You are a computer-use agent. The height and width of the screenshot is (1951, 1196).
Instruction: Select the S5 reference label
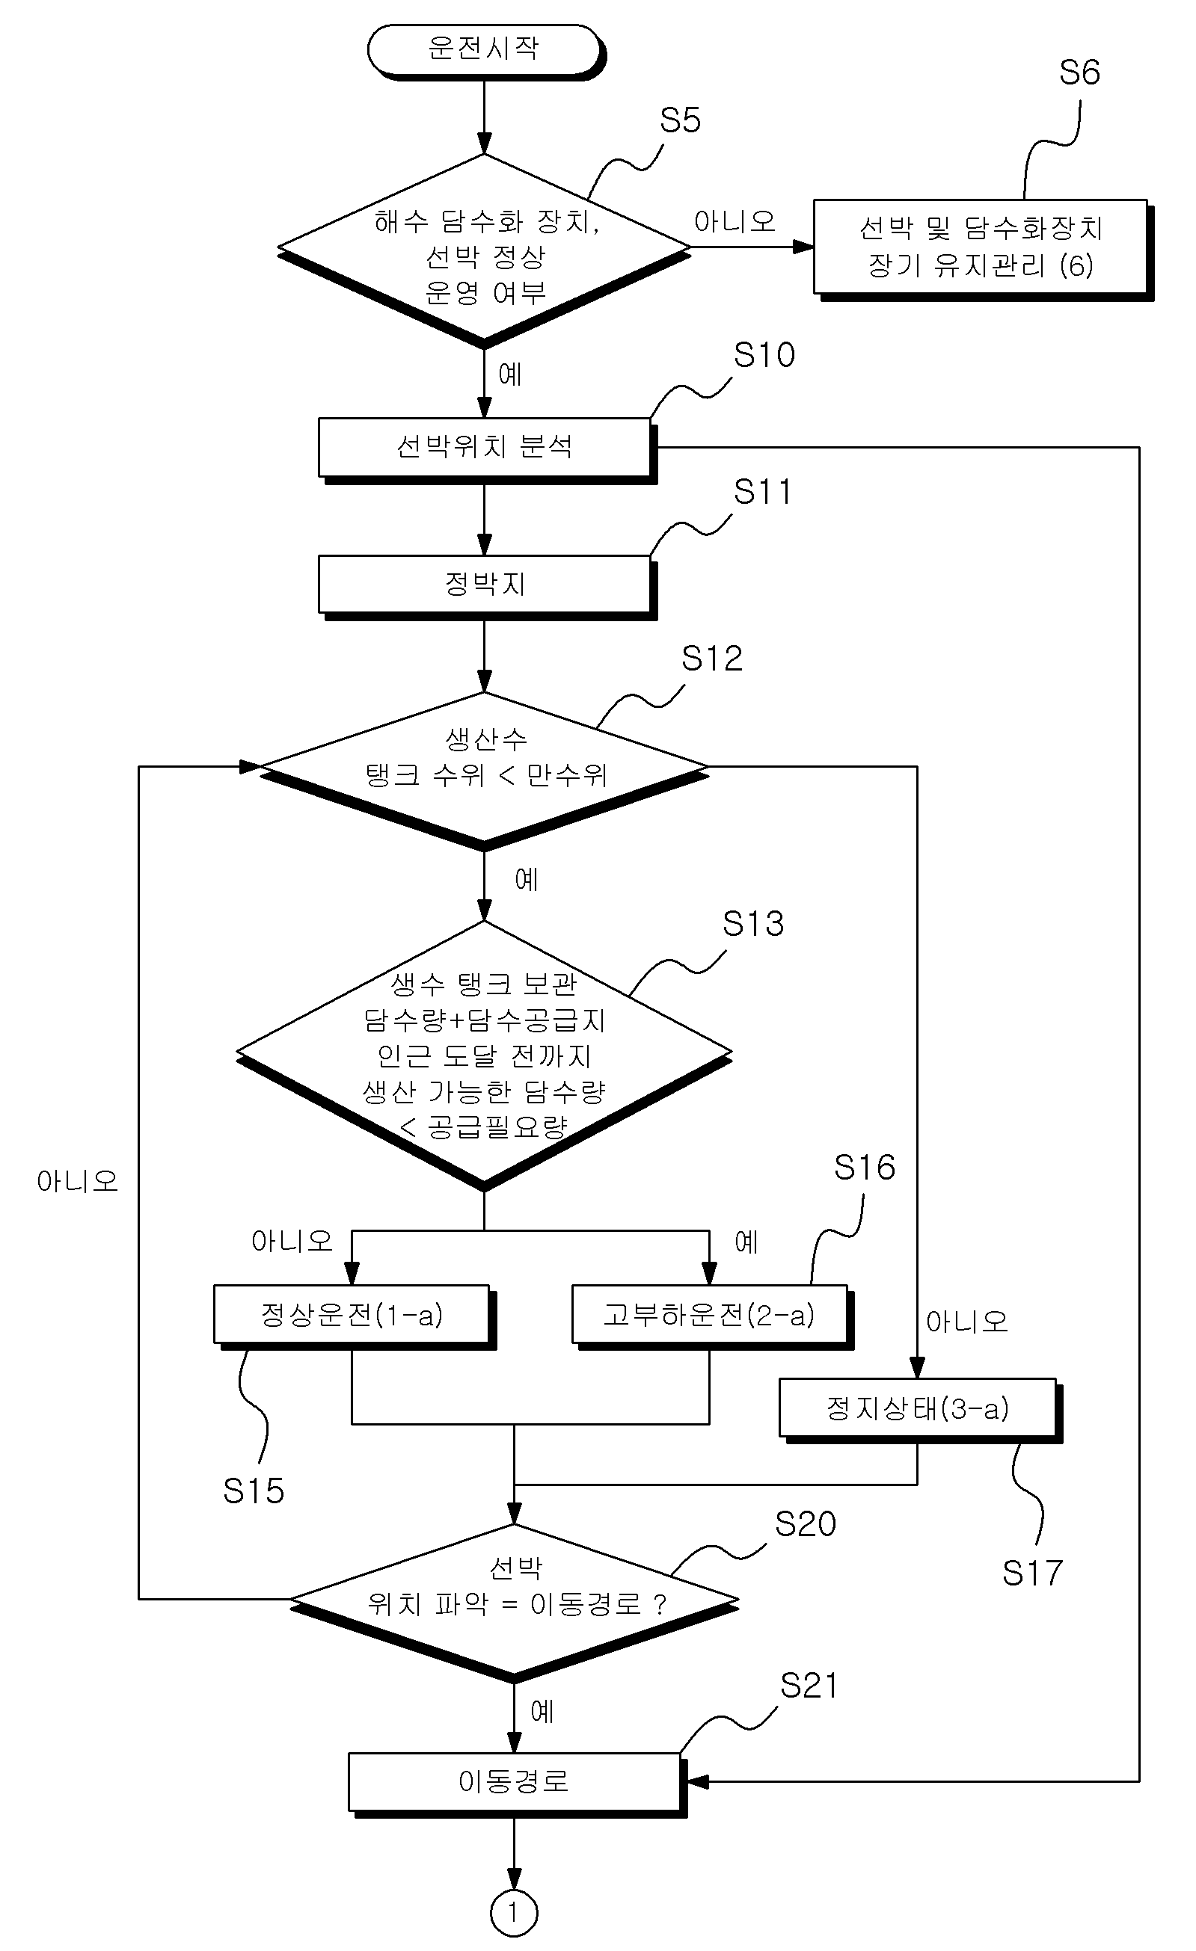[x=681, y=120]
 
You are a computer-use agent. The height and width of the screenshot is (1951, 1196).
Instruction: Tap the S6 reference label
[x=1079, y=73]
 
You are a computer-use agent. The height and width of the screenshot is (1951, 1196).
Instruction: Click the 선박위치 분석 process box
[x=486, y=449]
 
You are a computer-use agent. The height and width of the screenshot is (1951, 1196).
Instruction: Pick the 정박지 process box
[x=486, y=586]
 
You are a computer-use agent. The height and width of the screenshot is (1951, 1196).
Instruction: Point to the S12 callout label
[x=712, y=659]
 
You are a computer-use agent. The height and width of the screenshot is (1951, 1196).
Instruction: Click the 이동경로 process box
[x=515, y=1783]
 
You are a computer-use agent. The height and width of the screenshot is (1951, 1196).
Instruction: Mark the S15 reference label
[x=254, y=1491]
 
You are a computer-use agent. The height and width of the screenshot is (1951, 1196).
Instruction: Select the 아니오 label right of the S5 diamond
[x=735, y=222]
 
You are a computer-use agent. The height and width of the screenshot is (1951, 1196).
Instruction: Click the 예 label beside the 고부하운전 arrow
[x=747, y=1242]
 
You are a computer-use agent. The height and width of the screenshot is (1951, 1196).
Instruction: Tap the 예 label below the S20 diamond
[x=542, y=1711]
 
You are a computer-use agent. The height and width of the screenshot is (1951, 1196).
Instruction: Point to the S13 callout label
[x=753, y=924]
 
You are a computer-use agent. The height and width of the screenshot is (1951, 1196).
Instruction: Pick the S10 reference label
[x=764, y=356]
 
